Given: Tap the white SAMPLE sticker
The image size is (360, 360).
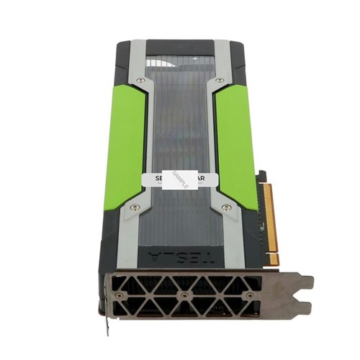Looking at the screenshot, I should tap(179, 179).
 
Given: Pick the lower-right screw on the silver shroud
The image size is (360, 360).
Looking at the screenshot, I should tap(227, 207).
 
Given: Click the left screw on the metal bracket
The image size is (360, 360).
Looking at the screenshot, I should tap(120, 295).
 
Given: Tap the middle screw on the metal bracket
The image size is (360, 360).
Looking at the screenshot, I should tap(185, 295).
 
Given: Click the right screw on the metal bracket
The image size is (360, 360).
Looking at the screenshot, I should tap(249, 295).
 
